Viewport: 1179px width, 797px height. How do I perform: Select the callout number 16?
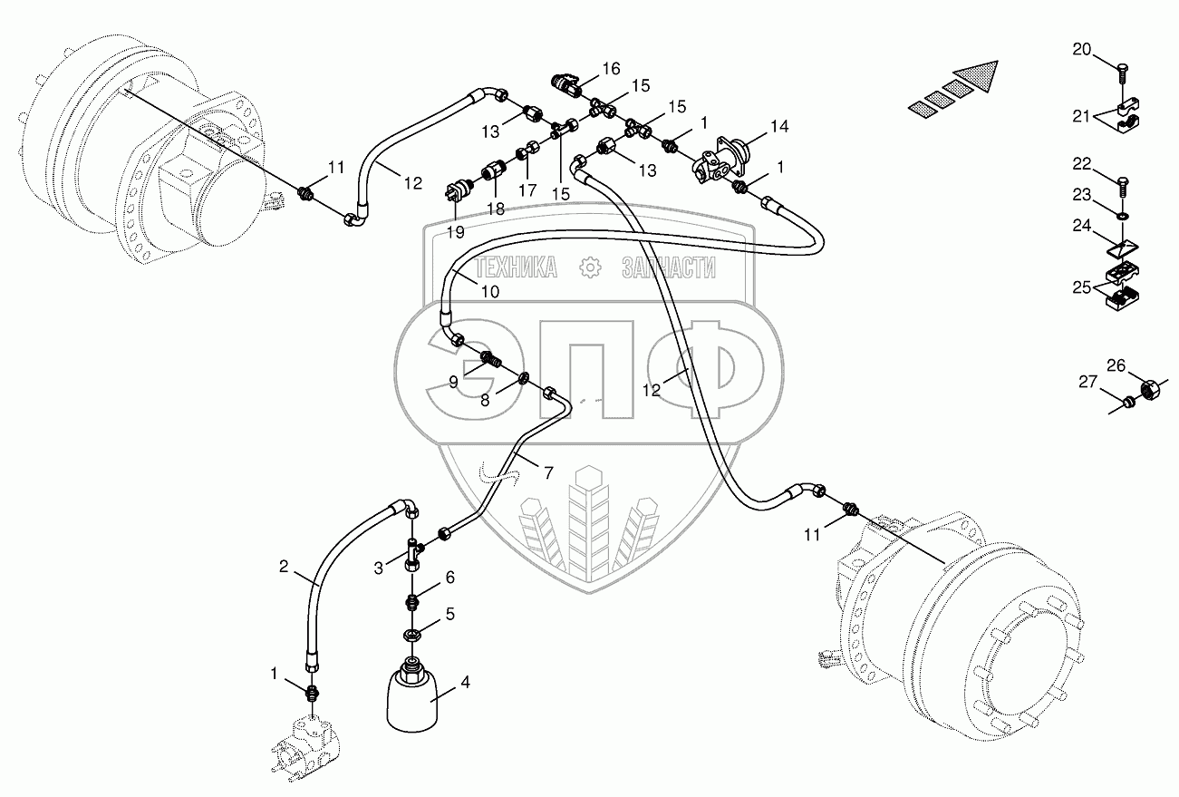[x=610, y=68]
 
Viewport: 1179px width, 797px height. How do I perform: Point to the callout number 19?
[x=455, y=231]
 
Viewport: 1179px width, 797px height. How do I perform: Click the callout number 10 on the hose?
[x=489, y=291]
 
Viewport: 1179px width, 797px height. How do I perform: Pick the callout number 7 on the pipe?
[x=548, y=471]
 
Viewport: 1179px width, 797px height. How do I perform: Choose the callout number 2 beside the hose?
[x=284, y=568]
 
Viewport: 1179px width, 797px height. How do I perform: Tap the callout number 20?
[x=1082, y=49]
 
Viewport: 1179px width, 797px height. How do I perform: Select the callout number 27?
[x=1087, y=383]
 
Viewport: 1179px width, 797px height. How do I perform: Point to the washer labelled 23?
[x=1123, y=216]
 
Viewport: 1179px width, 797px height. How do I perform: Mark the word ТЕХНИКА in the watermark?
[x=516, y=267]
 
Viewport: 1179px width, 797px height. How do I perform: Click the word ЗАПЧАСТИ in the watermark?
[x=669, y=267]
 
